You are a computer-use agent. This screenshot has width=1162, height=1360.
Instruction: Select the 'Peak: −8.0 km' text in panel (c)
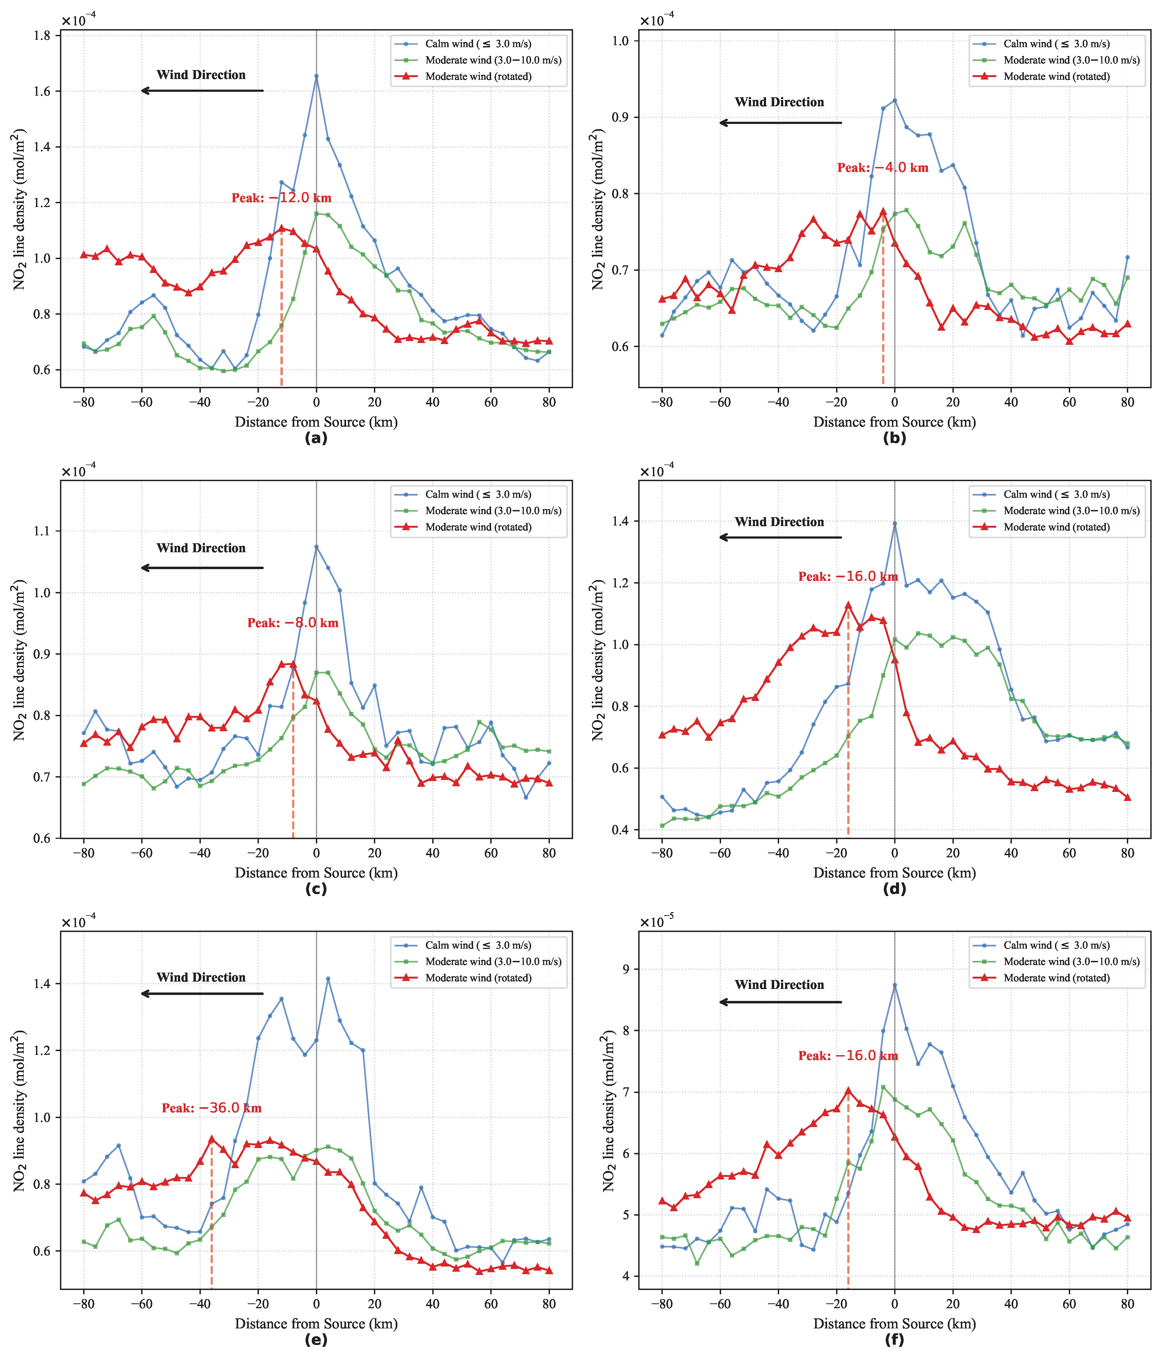pos(293,623)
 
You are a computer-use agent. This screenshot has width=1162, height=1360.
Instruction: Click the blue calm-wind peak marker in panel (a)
pos(316,76)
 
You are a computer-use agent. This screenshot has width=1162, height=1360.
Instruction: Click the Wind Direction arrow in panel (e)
pos(202,994)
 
